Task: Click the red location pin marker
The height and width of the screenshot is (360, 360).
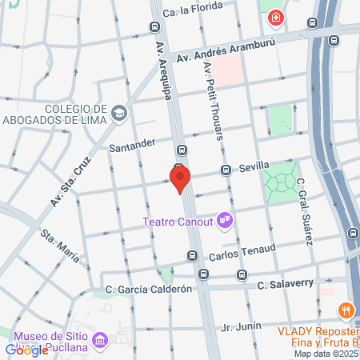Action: point(180,178)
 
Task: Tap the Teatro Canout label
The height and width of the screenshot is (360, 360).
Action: point(178,221)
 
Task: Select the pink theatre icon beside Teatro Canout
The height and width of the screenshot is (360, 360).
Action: point(226,217)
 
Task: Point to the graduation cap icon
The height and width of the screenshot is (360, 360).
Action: point(119,113)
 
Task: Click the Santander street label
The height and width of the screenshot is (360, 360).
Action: point(132,145)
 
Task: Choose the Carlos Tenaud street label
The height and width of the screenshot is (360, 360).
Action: point(242,254)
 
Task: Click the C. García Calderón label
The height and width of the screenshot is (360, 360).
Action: point(149,289)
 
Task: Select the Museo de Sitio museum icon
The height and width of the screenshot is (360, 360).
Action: point(101,341)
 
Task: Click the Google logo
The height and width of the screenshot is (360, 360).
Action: point(26,350)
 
